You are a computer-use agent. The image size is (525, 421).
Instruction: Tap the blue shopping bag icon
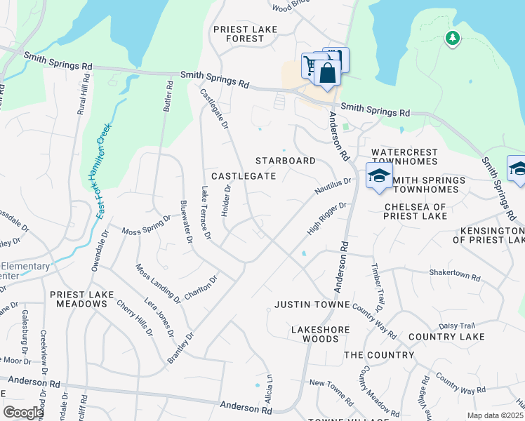327,72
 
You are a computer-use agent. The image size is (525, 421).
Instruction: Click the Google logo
23,413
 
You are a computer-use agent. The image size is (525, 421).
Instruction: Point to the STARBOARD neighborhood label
286,161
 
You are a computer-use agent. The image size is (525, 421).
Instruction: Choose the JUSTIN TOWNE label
312,305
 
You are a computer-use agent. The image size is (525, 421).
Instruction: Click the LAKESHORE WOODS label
315,333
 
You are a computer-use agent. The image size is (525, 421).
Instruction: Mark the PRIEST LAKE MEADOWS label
78,299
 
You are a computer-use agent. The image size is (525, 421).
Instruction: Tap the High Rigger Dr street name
327,219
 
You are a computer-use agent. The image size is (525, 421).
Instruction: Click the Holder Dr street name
226,201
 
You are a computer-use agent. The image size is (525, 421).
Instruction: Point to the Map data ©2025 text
495,415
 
